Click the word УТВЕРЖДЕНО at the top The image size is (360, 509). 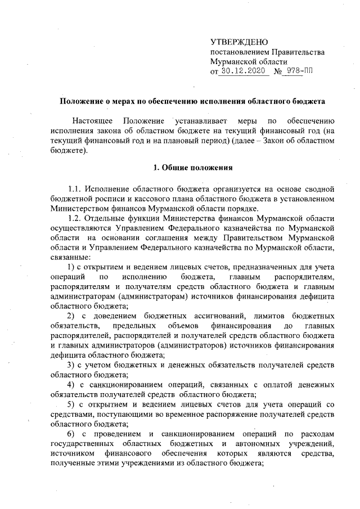239,43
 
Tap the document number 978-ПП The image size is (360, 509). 299,72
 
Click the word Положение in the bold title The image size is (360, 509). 82,102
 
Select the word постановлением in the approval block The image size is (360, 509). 237,52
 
